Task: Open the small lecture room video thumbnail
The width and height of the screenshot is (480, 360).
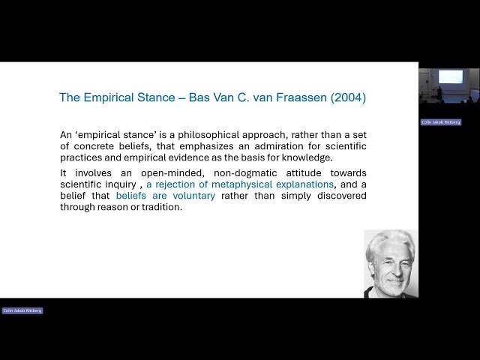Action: [448, 85]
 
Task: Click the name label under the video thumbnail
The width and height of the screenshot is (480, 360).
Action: [441, 122]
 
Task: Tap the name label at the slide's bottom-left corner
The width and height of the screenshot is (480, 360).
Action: [22, 310]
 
